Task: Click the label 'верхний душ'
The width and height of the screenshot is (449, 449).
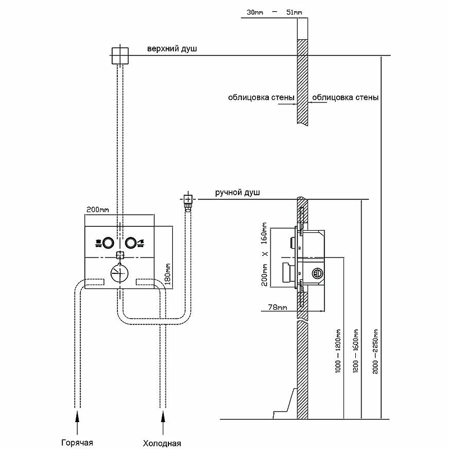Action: pyautogui.click(x=172, y=49)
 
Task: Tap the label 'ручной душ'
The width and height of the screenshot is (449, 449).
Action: pyautogui.click(x=237, y=193)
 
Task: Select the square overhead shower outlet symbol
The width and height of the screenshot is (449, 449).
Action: pyautogui.click(x=120, y=56)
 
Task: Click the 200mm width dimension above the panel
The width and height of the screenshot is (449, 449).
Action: pyautogui.click(x=98, y=209)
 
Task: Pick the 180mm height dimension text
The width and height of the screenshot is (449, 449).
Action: pyautogui.click(x=167, y=274)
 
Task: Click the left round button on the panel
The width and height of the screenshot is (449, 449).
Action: pyautogui.click(x=108, y=243)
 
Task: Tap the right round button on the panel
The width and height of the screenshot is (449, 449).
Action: pyautogui.click(x=130, y=243)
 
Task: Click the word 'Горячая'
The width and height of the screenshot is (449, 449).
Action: pyautogui.click(x=77, y=443)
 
